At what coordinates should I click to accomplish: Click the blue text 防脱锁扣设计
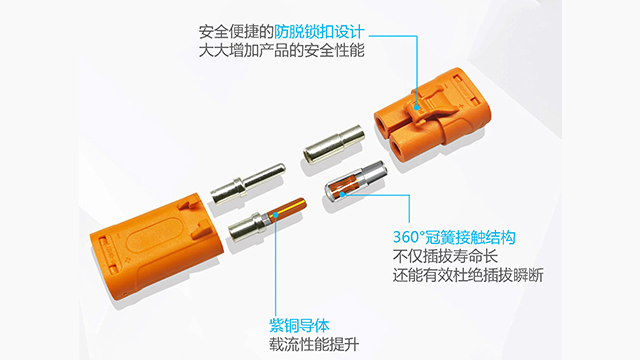pyautogui.click(x=319, y=32)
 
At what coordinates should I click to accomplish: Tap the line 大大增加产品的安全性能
pyautogui.click(x=282, y=51)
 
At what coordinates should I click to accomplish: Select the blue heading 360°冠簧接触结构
pyautogui.click(x=454, y=238)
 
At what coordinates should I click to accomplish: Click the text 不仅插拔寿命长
pyautogui.click(x=445, y=256)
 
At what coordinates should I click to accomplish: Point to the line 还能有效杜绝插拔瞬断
pyautogui.click(x=468, y=275)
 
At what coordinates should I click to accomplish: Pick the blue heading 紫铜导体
pyautogui.click(x=299, y=326)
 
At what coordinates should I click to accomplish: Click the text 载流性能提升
pyautogui.click(x=314, y=344)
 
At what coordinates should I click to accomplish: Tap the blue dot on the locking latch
pyautogui.click(x=417, y=108)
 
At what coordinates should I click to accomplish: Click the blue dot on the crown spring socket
pyautogui.click(x=342, y=194)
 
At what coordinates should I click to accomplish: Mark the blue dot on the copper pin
pyautogui.click(x=276, y=215)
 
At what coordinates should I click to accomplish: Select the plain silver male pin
pyautogui.click(x=248, y=184)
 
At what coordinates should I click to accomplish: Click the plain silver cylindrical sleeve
pyautogui.click(x=333, y=144)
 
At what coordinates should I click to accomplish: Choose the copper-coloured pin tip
pyautogui.click(x=287, y=209)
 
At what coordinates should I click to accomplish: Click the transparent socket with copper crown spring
pyautogui.click(x=354, y=180)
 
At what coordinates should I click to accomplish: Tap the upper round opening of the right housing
pyautogui.click(x=384, y=124)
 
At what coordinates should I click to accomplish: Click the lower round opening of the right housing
pyautogui.click(x=399, y=149)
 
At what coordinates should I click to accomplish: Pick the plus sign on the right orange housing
pyautogui.click(x=461, y=107)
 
